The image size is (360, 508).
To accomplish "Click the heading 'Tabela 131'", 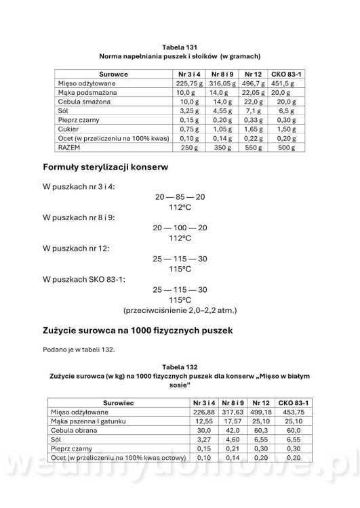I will click(x=180, y=46).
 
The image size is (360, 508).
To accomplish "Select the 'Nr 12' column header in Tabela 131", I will click(x=253, y=72).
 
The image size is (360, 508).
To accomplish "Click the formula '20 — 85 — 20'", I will click(x=180, y=196).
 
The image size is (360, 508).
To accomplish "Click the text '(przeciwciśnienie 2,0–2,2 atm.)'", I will click(x=180, y=310).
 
